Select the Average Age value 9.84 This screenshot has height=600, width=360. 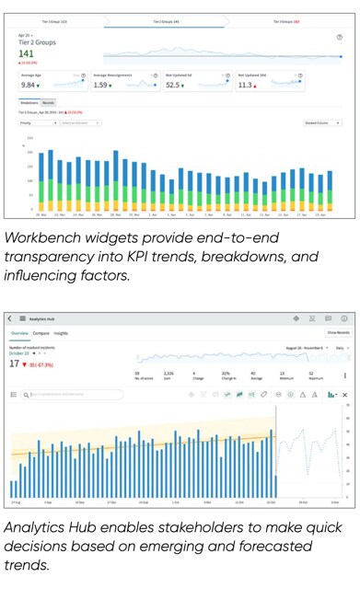point(29,85)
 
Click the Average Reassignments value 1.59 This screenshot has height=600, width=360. point(101,85)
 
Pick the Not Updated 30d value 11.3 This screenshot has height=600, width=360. point(245,85)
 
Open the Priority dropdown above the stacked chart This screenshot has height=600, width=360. point(38,121)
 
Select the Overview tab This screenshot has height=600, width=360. point(20,332)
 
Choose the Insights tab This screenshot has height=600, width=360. point(62,332)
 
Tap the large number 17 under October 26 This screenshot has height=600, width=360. point(15,363)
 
